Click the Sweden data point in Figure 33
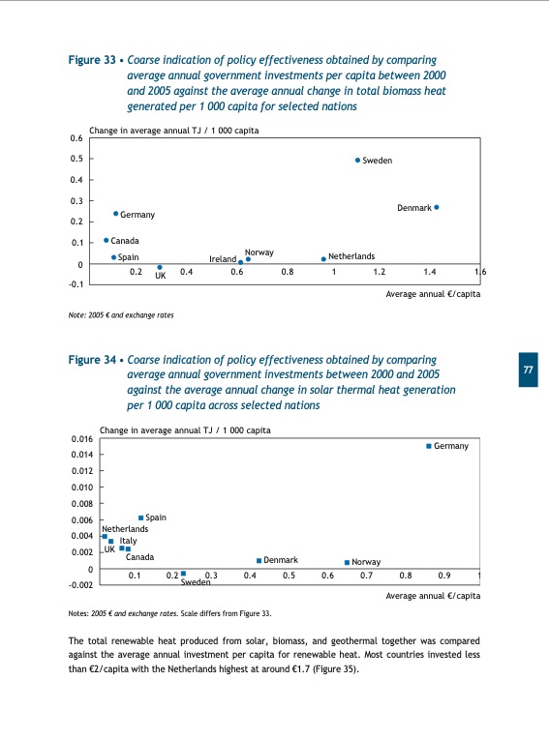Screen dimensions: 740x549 (357, 161)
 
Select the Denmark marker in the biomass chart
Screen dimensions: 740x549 (437, 207)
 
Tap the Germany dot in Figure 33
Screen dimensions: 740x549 (115, 214)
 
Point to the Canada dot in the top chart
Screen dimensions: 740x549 (107, 240)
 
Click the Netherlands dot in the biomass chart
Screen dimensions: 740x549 (323, 259)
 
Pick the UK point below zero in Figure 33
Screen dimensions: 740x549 (160, 268)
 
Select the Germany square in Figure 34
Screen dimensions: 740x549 (429, 446)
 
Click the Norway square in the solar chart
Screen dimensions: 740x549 (347, 562)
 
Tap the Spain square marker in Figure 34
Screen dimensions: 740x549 (141, 518)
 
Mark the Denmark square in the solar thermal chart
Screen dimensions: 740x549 (259, 560)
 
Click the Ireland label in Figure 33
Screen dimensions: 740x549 (223, 259)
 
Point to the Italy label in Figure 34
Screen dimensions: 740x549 (128, 541)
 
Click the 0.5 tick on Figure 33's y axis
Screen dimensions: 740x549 (76, 159)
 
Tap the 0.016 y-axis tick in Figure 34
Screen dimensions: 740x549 (80, 439)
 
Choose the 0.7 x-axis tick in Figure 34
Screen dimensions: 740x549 (366, 577)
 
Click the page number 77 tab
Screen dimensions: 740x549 (528, 371)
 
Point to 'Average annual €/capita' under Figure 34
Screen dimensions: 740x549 (432, 597)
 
